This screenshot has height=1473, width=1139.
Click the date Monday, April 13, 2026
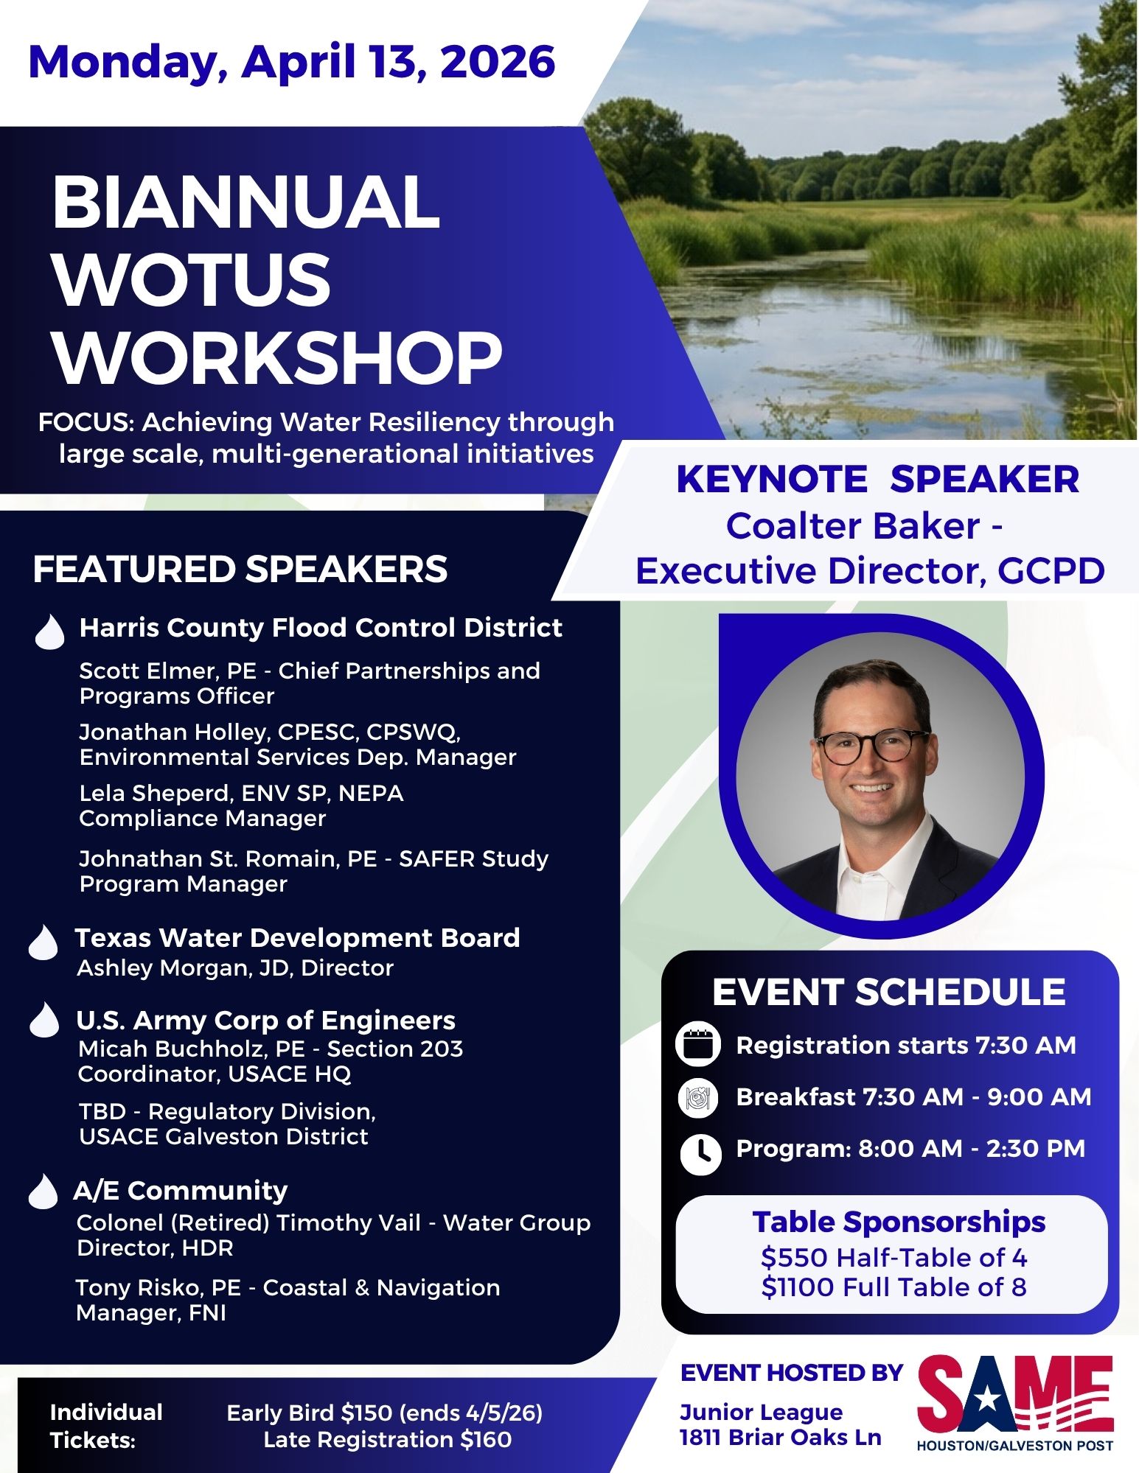pos(291,62)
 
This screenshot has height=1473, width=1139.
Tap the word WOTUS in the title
pos(192,280)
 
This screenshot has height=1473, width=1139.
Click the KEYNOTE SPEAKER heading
pos(877,480)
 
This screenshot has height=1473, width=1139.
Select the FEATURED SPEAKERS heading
pos(240,569)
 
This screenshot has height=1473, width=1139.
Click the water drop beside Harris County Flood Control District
pos(49,631)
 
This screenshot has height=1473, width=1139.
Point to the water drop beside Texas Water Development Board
pos(43,942)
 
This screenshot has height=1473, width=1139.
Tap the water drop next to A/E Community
pos(43,1191)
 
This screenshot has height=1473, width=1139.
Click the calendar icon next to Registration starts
pos(697,1045)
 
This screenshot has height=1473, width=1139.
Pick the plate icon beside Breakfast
pos(697,1098)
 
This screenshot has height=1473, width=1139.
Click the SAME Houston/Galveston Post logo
pos(1015,1404)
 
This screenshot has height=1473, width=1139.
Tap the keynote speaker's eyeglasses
pos(872,746)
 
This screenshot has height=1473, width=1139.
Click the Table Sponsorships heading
pos(899,1222)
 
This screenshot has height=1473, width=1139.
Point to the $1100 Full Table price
pos(894,1287)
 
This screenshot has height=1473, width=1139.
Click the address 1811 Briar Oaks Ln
pos(780,1438)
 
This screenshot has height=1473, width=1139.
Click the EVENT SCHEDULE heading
pos(889,992)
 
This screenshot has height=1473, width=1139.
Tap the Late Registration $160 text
pos(388,1439)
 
